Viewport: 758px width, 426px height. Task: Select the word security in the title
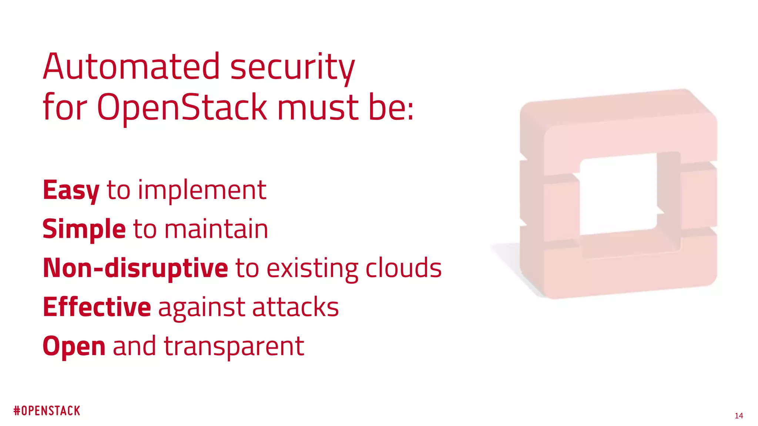(292, 68)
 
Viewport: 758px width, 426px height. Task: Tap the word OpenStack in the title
(182, 107)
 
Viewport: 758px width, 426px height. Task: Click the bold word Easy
(71, 191)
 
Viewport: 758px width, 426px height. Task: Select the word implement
(202, 191)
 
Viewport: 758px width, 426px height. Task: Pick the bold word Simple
(84, 230)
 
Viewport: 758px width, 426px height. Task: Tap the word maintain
(216, 229)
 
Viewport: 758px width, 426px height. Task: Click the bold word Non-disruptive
(135, 268)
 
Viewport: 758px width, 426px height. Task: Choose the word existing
(312, 269)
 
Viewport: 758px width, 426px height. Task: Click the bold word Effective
(97, 307)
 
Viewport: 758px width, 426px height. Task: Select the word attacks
(295, 307)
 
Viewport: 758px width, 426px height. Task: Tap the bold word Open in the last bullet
(74, 347)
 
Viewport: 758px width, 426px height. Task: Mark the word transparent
(234, 347)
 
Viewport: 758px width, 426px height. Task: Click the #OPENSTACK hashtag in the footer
(47, 411)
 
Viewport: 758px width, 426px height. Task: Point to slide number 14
(739, 416)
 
